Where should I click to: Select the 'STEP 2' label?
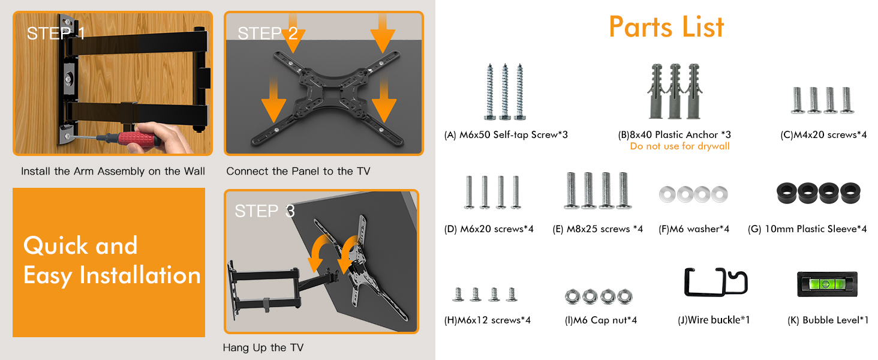pos(267,34)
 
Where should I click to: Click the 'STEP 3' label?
pos(264,211)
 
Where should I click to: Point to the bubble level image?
pos(827,284)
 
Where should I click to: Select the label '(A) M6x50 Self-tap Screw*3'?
pos(506,135)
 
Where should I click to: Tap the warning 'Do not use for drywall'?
pos(679,146)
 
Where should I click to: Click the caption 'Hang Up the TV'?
pos(263,347)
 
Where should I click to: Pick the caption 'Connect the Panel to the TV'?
pos(298,172)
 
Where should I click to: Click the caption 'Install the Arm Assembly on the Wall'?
pos(113,172)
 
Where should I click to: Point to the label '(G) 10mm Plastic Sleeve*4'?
pos(807,229)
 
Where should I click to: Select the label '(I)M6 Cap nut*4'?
pos(600,320)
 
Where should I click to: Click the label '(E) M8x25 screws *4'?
pos(598,229)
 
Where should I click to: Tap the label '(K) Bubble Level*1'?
pos(828,320)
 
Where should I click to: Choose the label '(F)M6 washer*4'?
pos(694,229)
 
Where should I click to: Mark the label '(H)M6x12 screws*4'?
pos(487,320)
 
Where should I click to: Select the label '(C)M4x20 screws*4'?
pos(823,135)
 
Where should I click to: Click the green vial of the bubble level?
pos(825,283)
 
